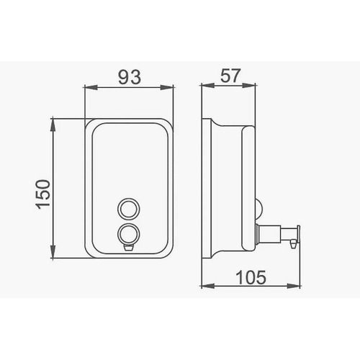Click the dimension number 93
[130, 77]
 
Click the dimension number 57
[230, 76]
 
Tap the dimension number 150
[43, 194]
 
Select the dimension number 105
[251, 277]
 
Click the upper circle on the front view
[129, 209]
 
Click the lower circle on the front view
[129, 234]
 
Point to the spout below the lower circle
[129, 247]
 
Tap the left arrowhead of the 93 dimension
[90, 87]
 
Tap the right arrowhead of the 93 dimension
[167, 87]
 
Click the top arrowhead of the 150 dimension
[53, 125]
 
